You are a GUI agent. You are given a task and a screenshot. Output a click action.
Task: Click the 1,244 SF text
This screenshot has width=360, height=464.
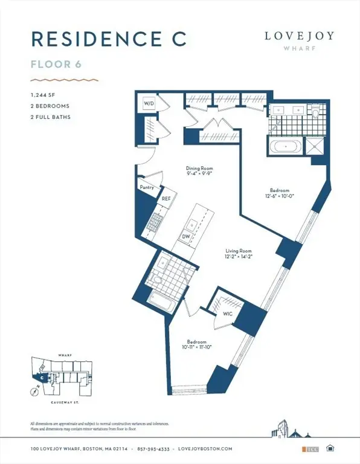click(x=42, y=95)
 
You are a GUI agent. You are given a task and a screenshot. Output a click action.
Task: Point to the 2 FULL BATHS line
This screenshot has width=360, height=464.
click(x=50, y=117)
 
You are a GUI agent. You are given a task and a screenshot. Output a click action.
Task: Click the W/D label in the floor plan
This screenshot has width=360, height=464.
click(x=149, y=104)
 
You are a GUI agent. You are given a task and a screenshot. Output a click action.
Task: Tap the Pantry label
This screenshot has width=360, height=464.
click(x=147, y=187)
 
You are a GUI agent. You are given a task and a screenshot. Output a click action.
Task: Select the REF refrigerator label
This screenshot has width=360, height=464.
click(x=166, y=198)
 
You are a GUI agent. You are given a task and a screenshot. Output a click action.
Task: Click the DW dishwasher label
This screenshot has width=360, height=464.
click(x=187, y=236)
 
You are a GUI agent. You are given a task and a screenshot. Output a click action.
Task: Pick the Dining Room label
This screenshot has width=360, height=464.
click(x=199, y=169)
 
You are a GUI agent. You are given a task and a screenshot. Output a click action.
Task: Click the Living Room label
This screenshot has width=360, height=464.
click(x=238, y=251)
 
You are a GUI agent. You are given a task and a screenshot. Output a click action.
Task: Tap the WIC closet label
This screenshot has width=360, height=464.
click(x=227, y=314)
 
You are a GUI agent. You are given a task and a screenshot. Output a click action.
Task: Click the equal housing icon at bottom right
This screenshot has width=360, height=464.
click(x=330, y=448)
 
